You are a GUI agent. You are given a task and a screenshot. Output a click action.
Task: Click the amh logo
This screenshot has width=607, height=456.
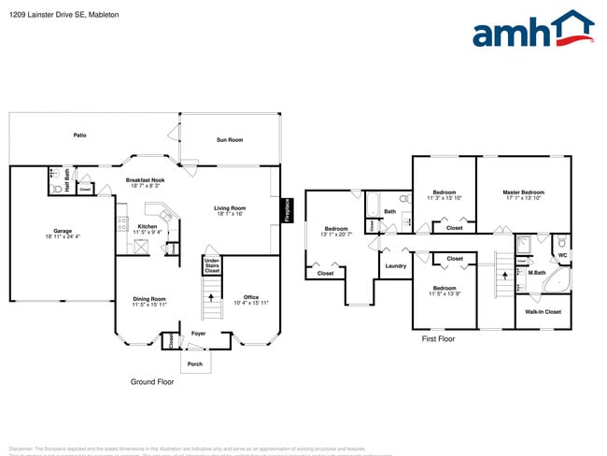pos(532,30)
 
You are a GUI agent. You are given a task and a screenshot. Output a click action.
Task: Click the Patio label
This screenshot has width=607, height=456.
pos(80,135)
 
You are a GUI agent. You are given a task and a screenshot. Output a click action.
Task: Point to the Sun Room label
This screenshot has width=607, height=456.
pos(230,139)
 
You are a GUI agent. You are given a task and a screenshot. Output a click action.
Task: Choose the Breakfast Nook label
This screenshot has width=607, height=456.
pos(145,180)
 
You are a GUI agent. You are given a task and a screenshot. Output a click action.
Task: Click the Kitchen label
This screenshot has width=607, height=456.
pos(148,226)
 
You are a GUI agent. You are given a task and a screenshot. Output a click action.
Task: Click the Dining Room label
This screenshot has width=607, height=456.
pos(148,298)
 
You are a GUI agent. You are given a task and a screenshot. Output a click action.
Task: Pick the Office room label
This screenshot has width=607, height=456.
pos(250,298)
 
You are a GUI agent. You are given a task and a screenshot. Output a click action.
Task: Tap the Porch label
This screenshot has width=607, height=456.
pos(195,363)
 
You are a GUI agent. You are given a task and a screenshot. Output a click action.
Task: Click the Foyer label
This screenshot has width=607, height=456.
pos(199,333)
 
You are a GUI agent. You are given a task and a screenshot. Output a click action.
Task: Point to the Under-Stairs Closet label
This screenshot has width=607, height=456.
pos(212,265)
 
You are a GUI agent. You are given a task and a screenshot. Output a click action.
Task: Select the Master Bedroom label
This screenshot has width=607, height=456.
pos(523,192)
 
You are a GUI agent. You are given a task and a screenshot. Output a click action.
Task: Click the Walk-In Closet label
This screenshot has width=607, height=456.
pos(543,311)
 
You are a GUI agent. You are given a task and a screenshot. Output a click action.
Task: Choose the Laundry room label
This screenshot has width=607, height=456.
pos(395,266)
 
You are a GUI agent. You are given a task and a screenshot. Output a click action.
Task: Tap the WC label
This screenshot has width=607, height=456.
pos(562,254)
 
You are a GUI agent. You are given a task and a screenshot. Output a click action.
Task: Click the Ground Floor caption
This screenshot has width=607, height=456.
pos(151,382)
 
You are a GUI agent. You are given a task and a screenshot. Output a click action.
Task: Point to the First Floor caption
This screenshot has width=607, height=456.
pos(438,338)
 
